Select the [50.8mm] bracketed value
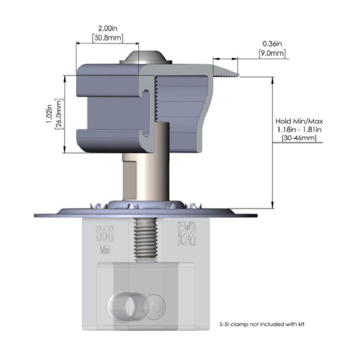coord(107,37)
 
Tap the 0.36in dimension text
coord(272,44)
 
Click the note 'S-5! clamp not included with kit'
coord(265,324)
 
